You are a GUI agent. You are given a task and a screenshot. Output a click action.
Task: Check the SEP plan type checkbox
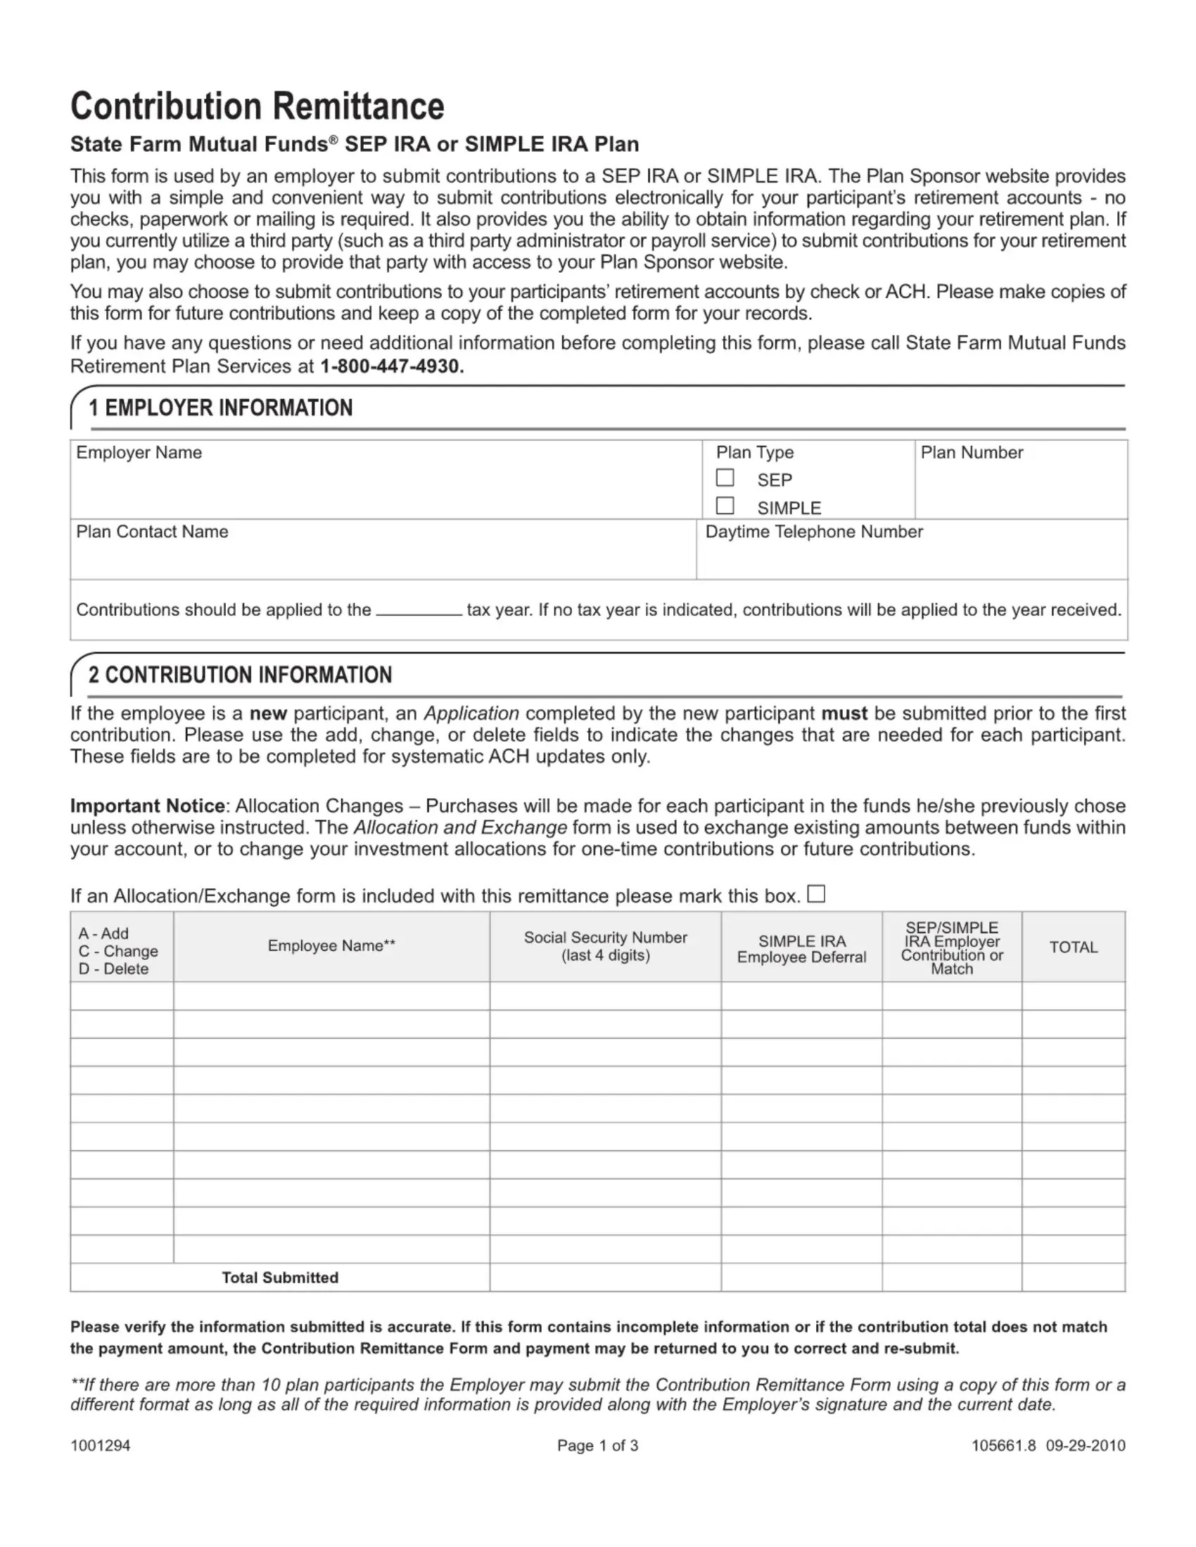pos(724,478)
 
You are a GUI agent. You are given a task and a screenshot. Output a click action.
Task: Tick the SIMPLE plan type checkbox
pos(724,506)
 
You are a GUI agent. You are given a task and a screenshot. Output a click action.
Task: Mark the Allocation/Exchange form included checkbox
pos(816,894)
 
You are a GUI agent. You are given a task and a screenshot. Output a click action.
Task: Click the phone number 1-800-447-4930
pos(392,366)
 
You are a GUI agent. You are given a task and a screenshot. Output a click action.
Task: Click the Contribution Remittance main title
pos(257,106)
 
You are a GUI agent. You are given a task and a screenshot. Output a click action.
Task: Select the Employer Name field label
pos(139,453)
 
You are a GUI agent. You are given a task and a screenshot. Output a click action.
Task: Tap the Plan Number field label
pos(972,453)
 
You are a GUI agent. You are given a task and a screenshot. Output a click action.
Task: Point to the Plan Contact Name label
pos(153,532)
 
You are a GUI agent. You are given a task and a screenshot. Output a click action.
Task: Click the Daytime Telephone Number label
pos(814,532)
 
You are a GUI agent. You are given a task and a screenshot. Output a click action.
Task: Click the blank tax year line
pos(419,611)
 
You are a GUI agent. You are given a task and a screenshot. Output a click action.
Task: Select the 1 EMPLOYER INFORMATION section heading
pos(220,408)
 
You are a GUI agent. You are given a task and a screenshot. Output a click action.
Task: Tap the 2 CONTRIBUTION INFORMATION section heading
pos(240,675)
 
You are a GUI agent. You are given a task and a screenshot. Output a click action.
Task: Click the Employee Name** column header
pos(331,946)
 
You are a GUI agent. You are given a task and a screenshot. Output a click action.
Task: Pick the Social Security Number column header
pos(605,946)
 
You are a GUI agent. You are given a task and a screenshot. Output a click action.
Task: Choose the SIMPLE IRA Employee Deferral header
pos(801,949)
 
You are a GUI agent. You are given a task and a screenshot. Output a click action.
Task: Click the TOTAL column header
pos(1073,948)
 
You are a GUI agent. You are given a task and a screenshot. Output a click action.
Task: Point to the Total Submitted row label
pos(280,1278)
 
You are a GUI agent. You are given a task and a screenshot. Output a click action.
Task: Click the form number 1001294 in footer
pos(100,1446)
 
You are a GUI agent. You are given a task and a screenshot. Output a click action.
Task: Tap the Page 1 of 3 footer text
pos(597,1446)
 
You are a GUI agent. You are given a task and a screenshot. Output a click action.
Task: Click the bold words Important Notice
pos(147,806)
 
